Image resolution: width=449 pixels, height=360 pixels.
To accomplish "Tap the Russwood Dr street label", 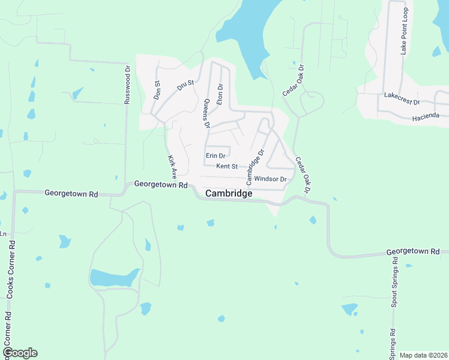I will click(127, 85).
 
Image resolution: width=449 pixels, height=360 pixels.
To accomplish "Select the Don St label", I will click(157, 91).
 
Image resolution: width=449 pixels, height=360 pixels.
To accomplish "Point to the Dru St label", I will click(187, 85).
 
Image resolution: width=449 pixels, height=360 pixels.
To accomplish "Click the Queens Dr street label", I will click(206, 113).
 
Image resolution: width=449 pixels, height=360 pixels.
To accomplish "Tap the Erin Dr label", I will click(215, 155).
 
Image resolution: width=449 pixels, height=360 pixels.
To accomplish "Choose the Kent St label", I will click(227, 166).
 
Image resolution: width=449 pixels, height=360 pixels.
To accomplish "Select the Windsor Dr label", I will click(270, 179).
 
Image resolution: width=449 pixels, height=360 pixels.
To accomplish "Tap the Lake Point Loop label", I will click(404, 35).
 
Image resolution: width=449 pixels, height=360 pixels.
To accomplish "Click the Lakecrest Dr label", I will click(402, 98).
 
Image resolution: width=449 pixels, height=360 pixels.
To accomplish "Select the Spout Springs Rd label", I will click(394, 282).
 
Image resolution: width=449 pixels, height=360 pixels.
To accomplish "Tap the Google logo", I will click(20, 352).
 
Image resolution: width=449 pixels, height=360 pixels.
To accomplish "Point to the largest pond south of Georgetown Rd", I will click(114, 278).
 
